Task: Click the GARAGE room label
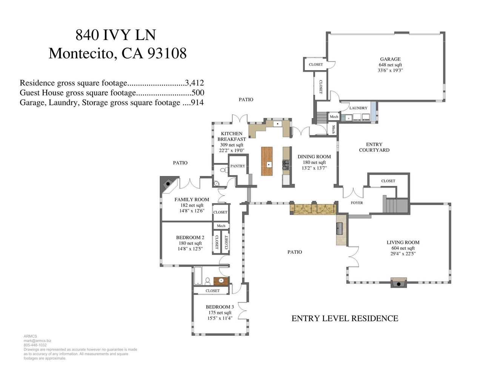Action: (x=390, y=59)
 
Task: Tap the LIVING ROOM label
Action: (x=403, y=242)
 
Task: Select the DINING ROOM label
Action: (x=314, y=157)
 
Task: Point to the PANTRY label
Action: (x=238, y=166)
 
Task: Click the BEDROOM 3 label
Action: (x=220, y=307)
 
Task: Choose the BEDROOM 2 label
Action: (x=190, y=238)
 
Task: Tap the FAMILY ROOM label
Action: (x=192, y=199)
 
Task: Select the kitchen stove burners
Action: (x=286, y=164)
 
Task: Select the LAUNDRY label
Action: (x=358, y=108)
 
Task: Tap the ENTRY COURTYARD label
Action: (x=374, y=147)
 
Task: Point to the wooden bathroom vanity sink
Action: (x=221, y=281)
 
